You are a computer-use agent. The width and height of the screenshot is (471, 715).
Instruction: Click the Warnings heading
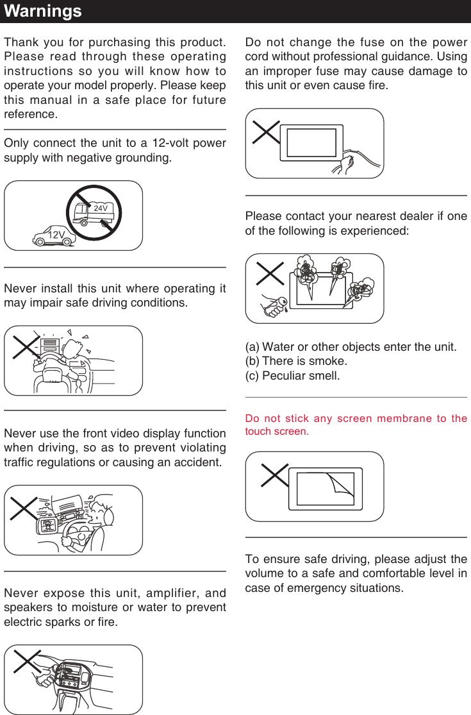tap(42, 11)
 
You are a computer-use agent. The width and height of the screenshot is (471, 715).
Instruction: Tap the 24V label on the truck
tap(100, 208)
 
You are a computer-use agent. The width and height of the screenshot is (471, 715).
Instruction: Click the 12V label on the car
tap(56, 235)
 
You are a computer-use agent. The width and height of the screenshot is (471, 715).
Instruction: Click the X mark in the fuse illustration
tap(267, 132)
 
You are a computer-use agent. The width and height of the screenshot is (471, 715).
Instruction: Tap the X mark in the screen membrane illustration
tap(274, 476)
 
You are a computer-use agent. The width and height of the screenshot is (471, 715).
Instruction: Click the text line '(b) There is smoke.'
tap(296, 361)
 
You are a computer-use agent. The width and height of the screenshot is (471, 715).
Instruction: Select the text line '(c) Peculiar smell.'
tap(292, 375)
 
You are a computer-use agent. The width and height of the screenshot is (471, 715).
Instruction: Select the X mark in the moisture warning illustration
tap(27, 662)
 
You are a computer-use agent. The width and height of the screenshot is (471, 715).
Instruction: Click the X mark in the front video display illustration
tap(24, 507)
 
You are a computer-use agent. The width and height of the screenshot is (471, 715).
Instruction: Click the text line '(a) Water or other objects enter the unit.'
tap(351, 347)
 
